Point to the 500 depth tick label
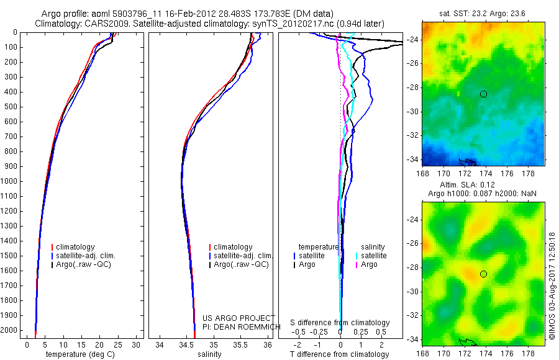11,107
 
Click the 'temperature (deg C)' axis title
78,354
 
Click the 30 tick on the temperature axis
136,344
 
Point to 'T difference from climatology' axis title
340,354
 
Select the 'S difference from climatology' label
340,323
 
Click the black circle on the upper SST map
483,94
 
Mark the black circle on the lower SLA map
483,274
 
